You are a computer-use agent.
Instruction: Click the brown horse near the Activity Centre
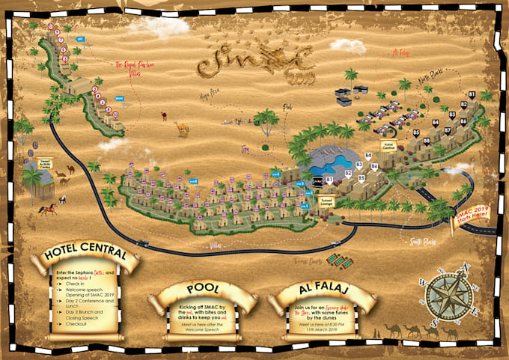click(48, 209)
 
